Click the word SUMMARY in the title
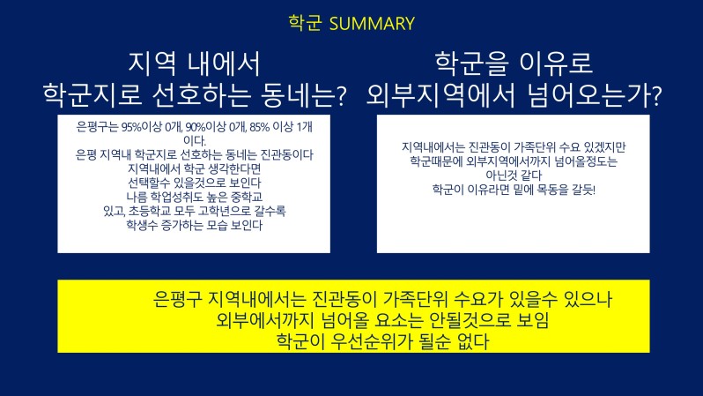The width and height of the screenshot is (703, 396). coord(372,24)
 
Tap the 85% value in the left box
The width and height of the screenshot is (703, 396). coord(260,127)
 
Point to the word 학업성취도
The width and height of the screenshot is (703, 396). coord(176,197)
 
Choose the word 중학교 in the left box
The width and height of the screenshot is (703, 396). coord(247,197)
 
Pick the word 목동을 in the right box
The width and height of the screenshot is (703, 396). coord(552,190)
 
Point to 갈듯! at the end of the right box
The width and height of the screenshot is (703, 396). coord(583,190)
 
